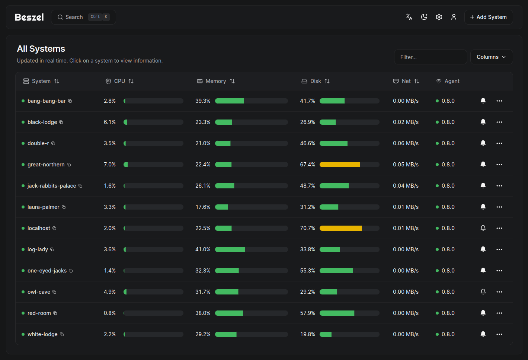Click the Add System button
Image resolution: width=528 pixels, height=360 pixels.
coord(488,17)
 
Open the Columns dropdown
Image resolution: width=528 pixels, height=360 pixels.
coord(491,57)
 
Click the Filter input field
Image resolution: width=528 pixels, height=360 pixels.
coord(430,57)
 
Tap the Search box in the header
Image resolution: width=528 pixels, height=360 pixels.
coord(83,17)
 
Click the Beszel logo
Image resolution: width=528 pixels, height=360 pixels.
coord(29,17)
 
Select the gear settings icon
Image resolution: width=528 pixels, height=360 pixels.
coord(439,17)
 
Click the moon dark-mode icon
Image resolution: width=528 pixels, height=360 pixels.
coord(424,17)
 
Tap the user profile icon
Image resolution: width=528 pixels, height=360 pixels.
coord(454,17)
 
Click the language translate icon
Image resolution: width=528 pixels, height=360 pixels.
coord(409,17)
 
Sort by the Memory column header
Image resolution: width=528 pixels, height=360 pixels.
coord(216,81)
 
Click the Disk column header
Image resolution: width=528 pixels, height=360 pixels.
coord(316,81)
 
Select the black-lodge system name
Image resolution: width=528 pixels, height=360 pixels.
coord(42,122)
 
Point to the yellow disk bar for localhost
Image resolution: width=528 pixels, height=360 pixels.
coord(340,228)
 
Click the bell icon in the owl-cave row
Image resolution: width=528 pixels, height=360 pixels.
coord(483,292)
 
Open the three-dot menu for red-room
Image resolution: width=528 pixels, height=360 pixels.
coord(499,313)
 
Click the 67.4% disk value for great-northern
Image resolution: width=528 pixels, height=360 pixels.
coord(307,165)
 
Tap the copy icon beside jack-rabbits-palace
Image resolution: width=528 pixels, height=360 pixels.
coord(80,186)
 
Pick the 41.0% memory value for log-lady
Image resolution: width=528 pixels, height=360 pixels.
coord(203,249)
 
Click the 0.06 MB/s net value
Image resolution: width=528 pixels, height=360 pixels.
coord(406,143)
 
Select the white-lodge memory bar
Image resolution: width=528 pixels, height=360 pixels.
coord(251,334)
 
